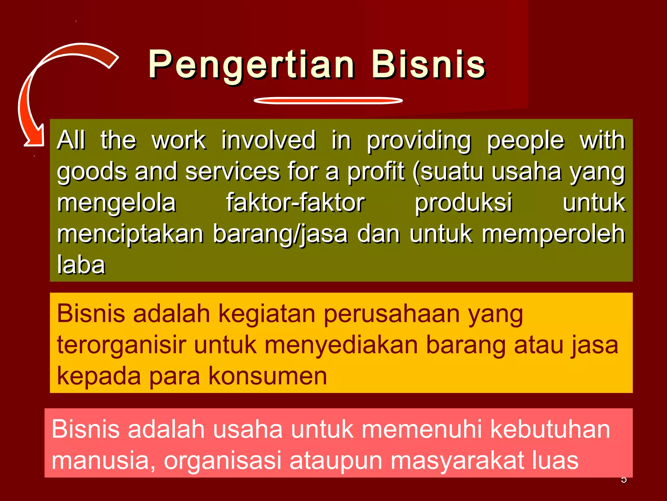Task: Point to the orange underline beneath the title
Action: [x=328, y=100]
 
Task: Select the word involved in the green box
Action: [x=269, y=140]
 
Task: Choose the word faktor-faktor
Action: [x=295, y=203]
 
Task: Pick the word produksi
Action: [x=463, y=203]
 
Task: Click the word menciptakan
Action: [x=130, y=234]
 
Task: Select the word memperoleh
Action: [x=553, y=234]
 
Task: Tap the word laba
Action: [x=81, y=265]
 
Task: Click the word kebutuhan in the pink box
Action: [x=550, y=429]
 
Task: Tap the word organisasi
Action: [x=222, y=460]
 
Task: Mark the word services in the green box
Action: [x=233, y=172]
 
